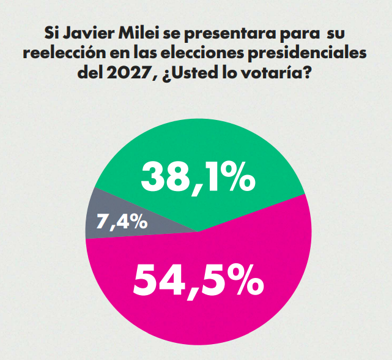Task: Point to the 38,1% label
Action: pos(197,178)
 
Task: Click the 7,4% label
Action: pos(124,221)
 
